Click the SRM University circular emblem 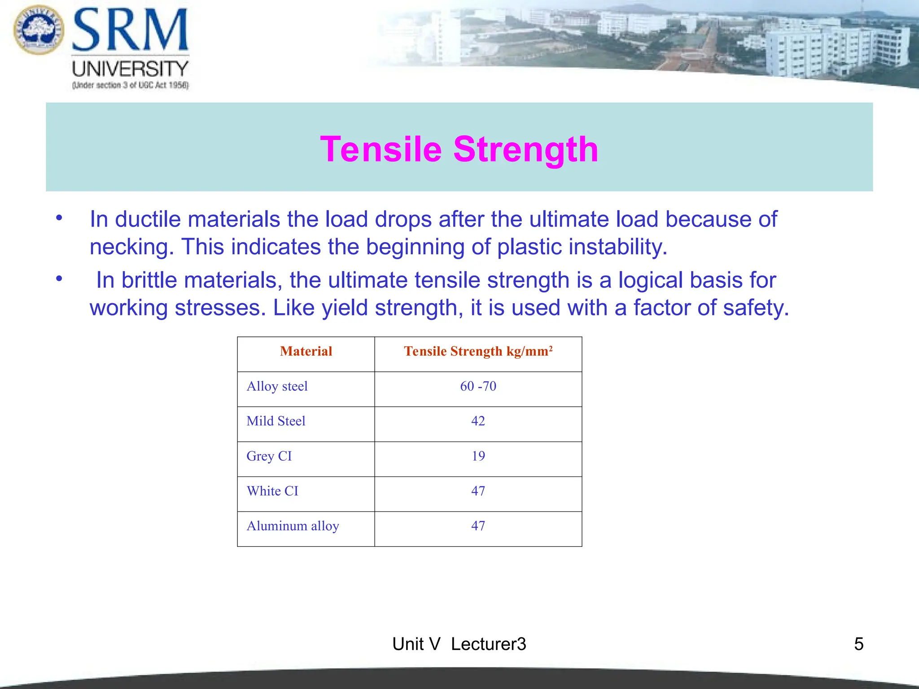39,30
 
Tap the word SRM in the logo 130,31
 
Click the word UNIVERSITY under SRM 130,69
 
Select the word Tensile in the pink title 381,149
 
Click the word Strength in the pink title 526,149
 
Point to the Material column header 306,351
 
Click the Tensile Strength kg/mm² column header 478,351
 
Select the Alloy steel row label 277,386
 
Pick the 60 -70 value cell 478,386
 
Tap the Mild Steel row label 276,421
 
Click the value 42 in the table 478,421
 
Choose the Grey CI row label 269,456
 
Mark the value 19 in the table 478,456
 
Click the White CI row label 272,491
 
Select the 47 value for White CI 478,491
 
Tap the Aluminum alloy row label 293,526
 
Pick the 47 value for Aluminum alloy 478,526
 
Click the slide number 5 858,644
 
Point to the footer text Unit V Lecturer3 459,644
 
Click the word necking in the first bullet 131,247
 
